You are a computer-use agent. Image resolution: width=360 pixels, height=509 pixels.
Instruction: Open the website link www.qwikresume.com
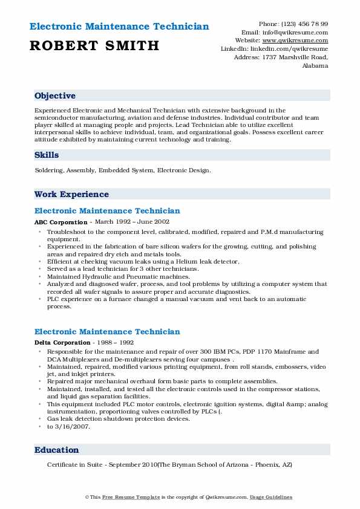tap(299, 41)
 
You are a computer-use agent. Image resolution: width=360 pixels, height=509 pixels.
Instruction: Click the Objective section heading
tap(55, 96)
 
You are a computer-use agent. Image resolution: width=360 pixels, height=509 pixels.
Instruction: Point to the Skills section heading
tap(47, 155)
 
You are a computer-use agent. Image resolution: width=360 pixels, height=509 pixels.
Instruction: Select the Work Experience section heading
tap(71, 194)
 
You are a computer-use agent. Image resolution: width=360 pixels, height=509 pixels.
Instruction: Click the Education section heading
tap(57, 450)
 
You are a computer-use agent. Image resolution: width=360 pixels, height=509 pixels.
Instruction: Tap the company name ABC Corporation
tap(61, 222)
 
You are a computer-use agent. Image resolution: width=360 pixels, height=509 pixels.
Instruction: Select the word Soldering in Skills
tap(50, 170)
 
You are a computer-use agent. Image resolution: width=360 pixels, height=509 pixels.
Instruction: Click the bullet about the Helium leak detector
tap(143, 261)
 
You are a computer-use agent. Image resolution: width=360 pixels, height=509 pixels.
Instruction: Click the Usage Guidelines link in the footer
tap(272, 497)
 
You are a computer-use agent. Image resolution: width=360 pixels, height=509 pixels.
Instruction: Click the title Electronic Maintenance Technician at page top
tap(119, 27)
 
